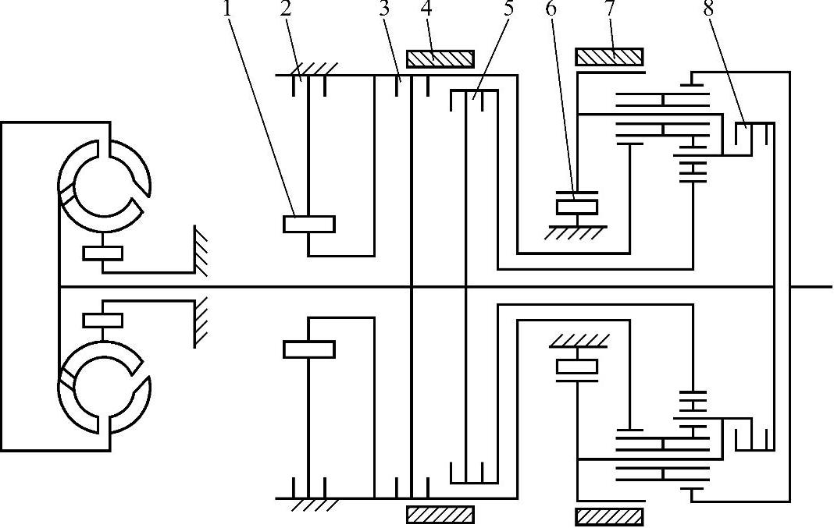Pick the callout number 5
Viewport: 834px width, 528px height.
(509, 11)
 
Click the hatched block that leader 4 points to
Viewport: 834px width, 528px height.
(440, 59)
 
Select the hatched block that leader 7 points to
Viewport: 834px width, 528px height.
(609, 57)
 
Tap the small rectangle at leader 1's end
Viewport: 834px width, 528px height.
(308, 224)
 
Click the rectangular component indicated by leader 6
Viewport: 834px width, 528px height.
(576, 207)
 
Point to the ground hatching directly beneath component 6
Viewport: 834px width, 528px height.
(576, 232)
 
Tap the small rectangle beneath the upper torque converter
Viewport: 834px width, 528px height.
(102, 253)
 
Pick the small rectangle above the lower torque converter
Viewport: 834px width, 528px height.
(102, 320)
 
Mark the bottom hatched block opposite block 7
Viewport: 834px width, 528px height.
(609, 516)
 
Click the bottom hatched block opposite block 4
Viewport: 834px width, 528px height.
(440, 515)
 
